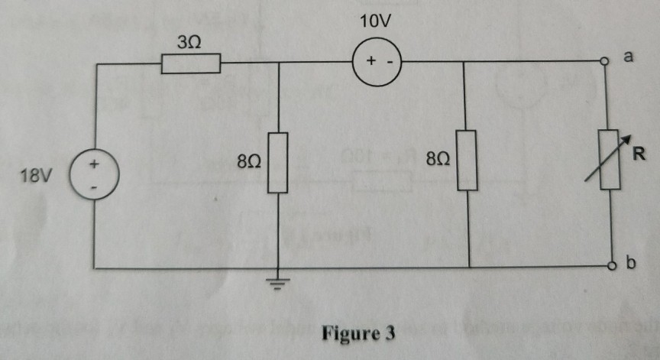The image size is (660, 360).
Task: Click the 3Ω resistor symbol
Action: pyautogui.click(x=191, y=64)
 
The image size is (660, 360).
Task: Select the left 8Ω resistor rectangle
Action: pyautogui.click(x=277, y=162)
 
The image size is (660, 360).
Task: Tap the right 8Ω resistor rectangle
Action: pyautogui.click(x=467, y=161)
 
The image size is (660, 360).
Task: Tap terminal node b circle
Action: pyautogui.click(x=611, y=268)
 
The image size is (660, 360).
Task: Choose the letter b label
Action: pyautogui.click(x=631, y=264)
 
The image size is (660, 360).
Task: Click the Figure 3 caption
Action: pyautogui.click(x=358, y=334)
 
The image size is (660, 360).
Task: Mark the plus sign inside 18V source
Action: pyautogui.click(x=95, y=164)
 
